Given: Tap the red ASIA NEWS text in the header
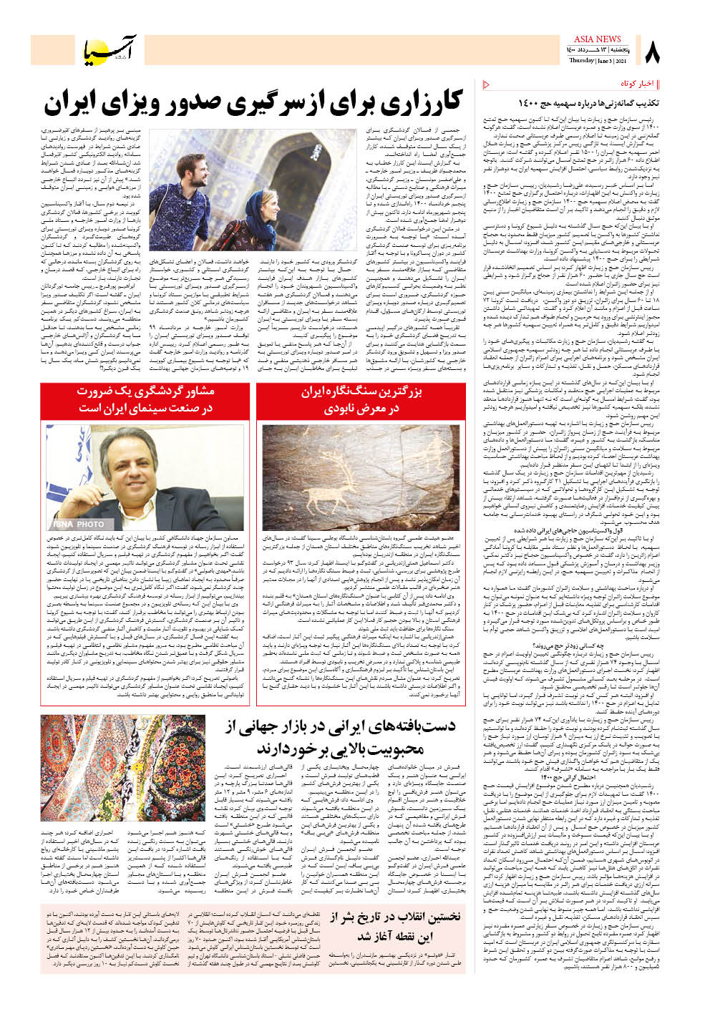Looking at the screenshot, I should pyautogui.click(x=597, y=39).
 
